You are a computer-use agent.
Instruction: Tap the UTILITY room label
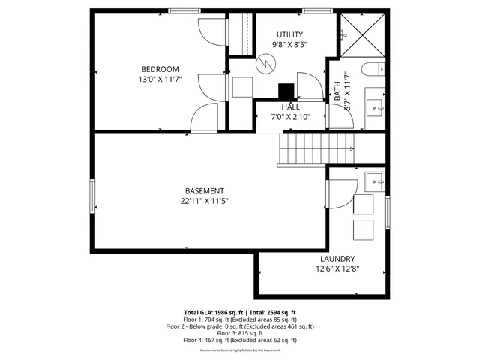289,34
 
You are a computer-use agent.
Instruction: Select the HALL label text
291,106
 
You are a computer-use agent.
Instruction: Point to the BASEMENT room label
204,191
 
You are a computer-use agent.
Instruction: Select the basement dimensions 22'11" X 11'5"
204,201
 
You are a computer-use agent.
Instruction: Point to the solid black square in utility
286,91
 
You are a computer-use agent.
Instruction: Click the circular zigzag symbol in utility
264,65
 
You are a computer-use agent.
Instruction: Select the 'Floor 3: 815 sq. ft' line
240,333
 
